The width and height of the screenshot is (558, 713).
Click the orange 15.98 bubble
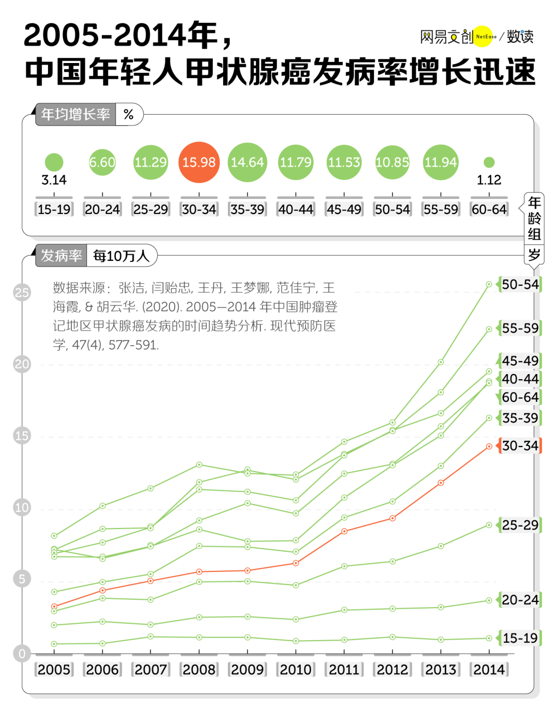[x=199, y=162]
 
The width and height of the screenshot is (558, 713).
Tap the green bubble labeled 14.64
[x=247, y=162]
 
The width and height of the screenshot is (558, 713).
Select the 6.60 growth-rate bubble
[x=102, y=162]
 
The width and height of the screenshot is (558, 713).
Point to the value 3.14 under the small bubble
[x=54, y=180]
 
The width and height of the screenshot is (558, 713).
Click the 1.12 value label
[x=489, y=180]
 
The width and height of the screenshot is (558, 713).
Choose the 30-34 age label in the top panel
[x=199, y=209]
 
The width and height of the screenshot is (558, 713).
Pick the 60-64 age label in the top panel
[x=489, y=209]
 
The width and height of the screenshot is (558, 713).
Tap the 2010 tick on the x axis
[x=296, y=670]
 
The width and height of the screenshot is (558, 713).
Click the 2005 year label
[x=54, y=670]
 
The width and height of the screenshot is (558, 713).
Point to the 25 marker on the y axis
[x=22, y=293]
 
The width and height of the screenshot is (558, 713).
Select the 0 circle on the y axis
[x=22, y=654]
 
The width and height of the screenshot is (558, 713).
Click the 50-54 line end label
[x=520, y=285]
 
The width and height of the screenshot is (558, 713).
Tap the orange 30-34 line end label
[x=520, y=445]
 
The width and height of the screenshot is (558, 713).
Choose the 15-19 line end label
[x=520, y=638]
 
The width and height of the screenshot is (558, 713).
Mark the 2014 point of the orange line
[x=489, y=446]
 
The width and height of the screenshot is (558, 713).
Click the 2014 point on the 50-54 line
[x=489, y=284]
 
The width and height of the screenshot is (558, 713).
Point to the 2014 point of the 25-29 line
[x=489, y=525]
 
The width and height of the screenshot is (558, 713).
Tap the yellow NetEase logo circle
[x=483, y=36]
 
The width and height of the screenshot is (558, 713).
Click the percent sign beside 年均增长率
[x=129, y=114]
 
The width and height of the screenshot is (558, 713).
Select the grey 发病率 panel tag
[x=61, y=256]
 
